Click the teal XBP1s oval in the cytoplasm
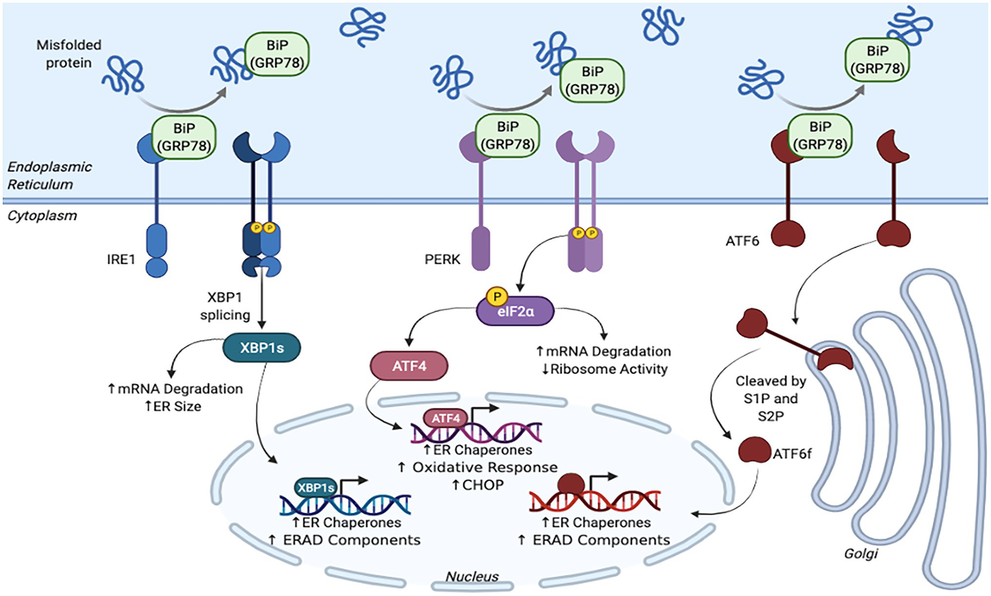(261, 348)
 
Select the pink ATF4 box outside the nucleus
(409, 366)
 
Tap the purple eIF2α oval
(515, 312)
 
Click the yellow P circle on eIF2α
(496, 297)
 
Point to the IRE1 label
(121, 259)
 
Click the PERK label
(442, 259)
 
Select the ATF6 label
(742, 241)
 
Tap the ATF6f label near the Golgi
(792, 454)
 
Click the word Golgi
(861, 553)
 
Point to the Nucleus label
(472, 577)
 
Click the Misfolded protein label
(68, 54)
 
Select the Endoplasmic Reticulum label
(49, 175)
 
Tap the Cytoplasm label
(42, 215)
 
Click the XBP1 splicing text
(225, 306)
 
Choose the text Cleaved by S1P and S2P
(770, 399)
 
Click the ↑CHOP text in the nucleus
(478, 484)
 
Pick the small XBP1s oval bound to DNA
(316, 488)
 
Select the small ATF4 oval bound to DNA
(445, 418)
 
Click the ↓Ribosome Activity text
(604, 369)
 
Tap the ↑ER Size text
(172, 406)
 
